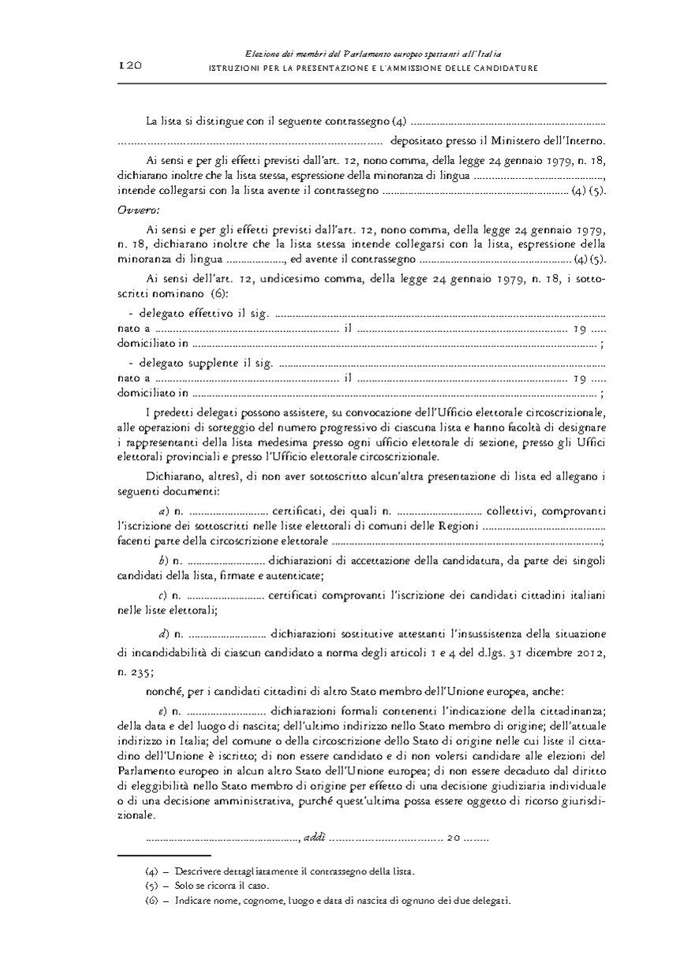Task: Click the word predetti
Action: click(179, 412)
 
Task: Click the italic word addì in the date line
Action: click(313, 837)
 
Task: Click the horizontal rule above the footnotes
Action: click(164, 856)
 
